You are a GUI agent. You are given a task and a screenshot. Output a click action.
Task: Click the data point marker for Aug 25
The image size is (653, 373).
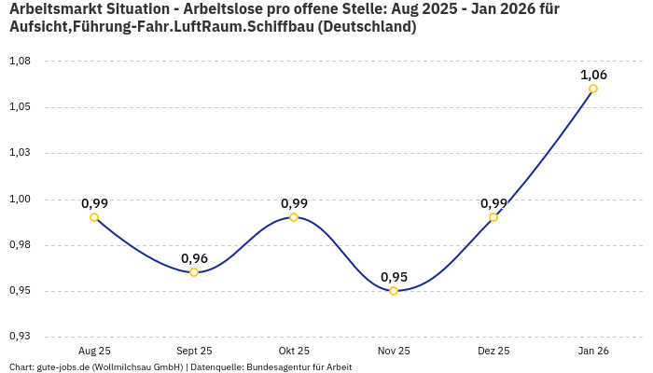coord(94,217)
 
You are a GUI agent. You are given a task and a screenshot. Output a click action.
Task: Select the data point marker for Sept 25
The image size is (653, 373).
coord(194,272)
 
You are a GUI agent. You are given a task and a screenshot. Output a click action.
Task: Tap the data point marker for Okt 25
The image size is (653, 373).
coord(294,217)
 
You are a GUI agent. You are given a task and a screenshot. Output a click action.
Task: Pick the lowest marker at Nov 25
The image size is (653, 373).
coord(394,291)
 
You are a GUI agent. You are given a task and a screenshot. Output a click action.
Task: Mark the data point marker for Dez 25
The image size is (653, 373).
coord(493,217)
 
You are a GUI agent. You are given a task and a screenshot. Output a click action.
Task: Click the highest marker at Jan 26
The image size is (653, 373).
coord(593,89)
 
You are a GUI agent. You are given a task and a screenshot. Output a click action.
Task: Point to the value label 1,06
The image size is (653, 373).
coord(593,75)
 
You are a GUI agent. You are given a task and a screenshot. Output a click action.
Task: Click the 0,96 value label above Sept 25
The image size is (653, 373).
coord(194,258)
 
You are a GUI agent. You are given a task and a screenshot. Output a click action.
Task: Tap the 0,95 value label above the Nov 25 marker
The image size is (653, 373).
coord(394,277)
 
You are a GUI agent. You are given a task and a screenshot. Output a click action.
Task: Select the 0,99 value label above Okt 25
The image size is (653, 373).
coord(294,203)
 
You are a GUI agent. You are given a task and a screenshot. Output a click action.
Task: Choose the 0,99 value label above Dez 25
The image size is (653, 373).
coord(493,203)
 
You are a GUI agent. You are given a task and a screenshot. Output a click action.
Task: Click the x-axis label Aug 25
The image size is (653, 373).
coord(94,351)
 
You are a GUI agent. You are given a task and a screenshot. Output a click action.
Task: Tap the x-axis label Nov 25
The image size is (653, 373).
coord(394,351)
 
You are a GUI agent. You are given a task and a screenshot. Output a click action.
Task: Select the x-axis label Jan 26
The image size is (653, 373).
coord(593,351)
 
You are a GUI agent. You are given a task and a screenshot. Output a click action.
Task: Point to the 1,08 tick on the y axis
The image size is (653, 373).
coord(20,62)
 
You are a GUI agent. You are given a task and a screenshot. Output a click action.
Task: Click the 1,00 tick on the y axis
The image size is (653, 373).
coord(20,199)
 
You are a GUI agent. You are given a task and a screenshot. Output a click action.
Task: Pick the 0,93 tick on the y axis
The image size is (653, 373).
coord(20,337)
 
